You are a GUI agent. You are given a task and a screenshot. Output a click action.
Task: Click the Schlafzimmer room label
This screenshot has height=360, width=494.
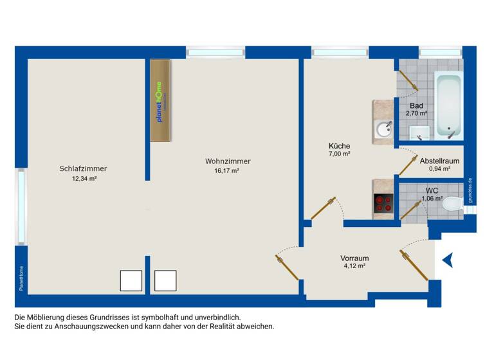tap(83, 168)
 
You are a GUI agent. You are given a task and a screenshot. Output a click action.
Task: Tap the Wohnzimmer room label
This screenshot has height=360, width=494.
tap(228, 161)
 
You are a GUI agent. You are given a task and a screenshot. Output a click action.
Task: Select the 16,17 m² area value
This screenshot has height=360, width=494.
tap(227, 172)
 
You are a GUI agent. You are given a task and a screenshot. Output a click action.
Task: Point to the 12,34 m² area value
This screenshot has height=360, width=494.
tap(84, 179)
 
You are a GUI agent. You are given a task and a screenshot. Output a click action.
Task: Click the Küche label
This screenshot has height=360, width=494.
tap(339, 146)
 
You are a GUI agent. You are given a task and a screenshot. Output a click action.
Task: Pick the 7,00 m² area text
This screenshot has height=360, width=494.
tap(339, 154)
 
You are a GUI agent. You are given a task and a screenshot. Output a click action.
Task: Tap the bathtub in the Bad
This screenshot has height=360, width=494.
tap(448, 105)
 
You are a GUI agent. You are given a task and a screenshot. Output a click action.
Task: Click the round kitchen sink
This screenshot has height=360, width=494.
tap(383, 130)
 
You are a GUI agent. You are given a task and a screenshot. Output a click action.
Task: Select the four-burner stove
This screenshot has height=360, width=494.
tap(384, 203)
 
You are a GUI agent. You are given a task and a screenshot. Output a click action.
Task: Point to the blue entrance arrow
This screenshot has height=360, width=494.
tap(448, 260)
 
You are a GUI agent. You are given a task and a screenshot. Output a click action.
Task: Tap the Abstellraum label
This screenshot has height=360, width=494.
tap(439, 161)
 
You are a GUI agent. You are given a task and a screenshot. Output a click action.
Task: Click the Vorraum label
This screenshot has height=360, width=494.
tap(354, 258)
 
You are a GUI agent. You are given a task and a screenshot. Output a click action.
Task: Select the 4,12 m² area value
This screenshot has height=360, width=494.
tap(354, 267)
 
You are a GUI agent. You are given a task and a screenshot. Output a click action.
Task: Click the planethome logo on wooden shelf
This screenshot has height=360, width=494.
tap(160, 101)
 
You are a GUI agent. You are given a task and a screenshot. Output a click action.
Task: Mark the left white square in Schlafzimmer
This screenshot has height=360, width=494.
tap(131, 281)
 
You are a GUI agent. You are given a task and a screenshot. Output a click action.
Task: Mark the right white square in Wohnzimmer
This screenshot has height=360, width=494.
tap(165, 281)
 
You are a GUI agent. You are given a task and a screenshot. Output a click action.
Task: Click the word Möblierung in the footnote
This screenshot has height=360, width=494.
tap(48, 318)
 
